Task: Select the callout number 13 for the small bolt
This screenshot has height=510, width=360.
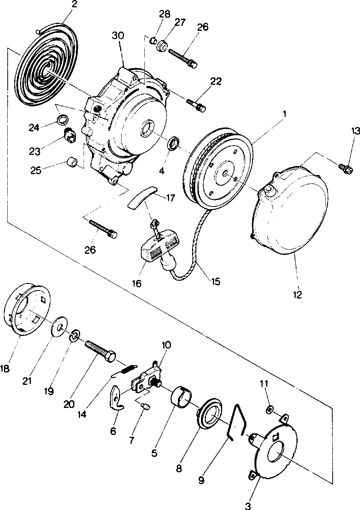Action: (x=355, y=131)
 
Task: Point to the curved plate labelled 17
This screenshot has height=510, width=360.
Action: (x=143, y=197)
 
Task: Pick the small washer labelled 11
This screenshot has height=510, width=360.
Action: (x=270, y=409)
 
